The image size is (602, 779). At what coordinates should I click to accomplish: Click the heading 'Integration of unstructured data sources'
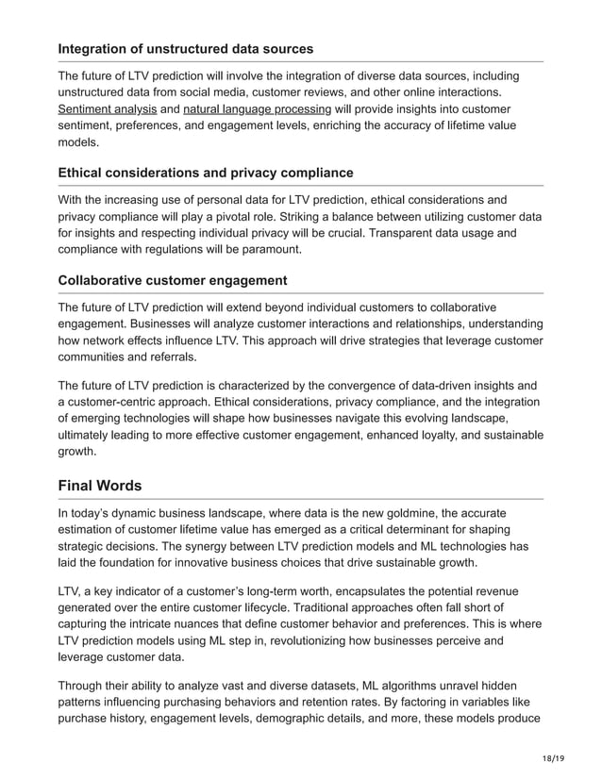point(186,48)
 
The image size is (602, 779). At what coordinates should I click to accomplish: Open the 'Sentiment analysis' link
point(107,109)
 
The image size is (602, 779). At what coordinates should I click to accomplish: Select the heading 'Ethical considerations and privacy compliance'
point(206,173)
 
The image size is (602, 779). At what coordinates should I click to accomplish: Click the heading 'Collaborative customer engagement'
point(173,281)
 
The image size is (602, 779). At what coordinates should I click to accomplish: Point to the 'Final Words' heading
point(100,486)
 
